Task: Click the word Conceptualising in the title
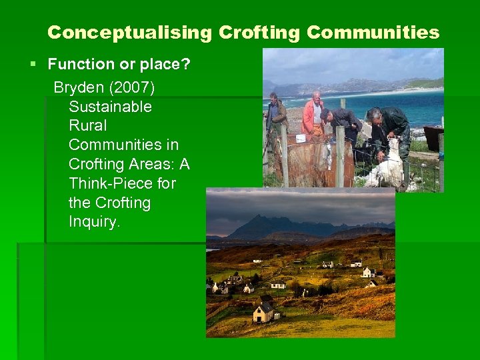[x=129, y=33]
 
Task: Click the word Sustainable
[x=110, y=107]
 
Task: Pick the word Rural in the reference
[x=87, y=125]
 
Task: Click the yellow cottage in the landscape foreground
[x=263, y=311]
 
